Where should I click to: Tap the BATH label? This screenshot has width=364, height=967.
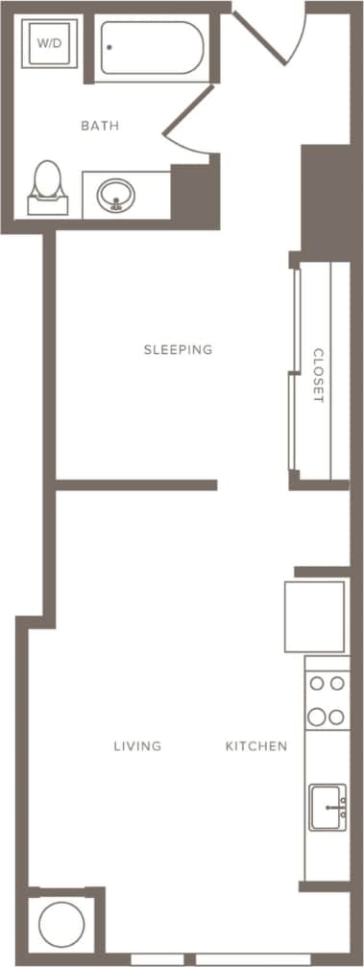pos(100,126)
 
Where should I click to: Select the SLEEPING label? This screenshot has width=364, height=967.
pos(178,349)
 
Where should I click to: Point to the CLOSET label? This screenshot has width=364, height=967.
pos(319,375)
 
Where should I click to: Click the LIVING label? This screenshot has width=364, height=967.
pos(137,745)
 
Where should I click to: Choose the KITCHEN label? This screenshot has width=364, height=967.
pos(256,745)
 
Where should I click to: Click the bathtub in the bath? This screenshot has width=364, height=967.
pos(152,50)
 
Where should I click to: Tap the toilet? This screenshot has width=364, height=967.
pos(45,186)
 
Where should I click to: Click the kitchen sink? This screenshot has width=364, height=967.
pos(328,807)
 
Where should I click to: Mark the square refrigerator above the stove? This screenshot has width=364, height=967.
pos(314,615)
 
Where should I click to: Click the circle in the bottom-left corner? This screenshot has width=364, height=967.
pos(62,926)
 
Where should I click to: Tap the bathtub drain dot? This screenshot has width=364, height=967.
pos(110,46)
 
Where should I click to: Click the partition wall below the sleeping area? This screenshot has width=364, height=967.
pos(135,485)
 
